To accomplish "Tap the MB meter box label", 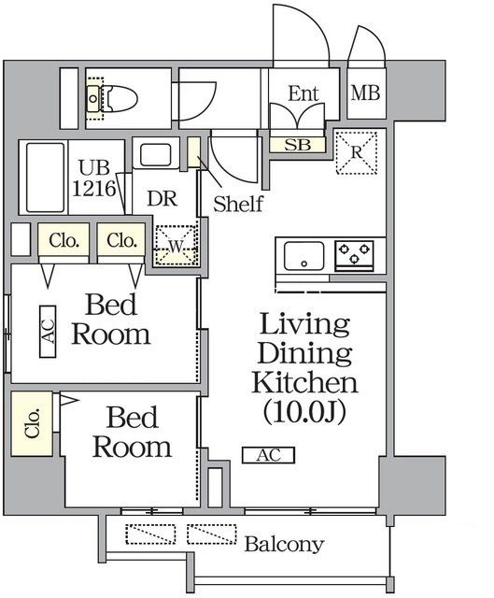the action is pyautogui.click(x=365, y=93).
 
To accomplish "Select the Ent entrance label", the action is pyautogui.click(x=303, y=93).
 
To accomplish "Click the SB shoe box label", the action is pyautogui.click(x=298, y=145).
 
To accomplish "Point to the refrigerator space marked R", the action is pyautogui.click(x=357, y=152).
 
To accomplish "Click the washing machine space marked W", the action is pyautogui.click(x=176, y=246).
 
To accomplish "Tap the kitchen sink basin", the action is pyautogui.click(x=303, y=255).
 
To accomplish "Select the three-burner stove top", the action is pyautogui.click(x=354, y=255).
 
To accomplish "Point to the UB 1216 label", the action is pyautogui.click(x=93, y=178).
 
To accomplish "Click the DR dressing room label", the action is pyautogui.click(x=162, y=199).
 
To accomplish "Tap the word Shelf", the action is pyautogui.click(x=238, y=204).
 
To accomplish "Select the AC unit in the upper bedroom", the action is pyautogui.click(x=48, y=332).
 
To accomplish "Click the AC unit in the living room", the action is pyautogui.click(x=269, y=455).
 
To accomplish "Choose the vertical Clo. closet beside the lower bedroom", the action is pyautogui.click(x=32, y=423).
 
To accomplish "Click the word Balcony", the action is pyautogui.click(x=285, y=544).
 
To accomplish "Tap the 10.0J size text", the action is pyautogui.click(x=304, y=412).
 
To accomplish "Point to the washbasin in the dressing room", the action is pyautogui.click(x=156, y=155).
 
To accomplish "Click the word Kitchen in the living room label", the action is pyautogui.click(x=304, y=382).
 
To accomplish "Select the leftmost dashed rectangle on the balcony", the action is pyautogui.click(x=150, y=534).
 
